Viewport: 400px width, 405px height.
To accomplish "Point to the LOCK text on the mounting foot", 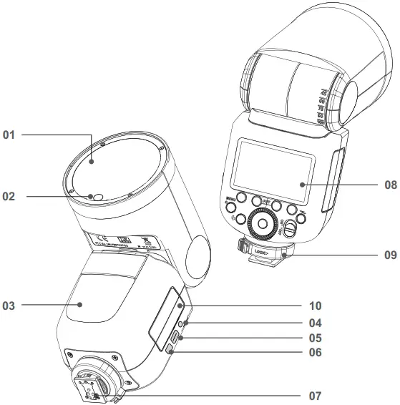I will pos(262,252).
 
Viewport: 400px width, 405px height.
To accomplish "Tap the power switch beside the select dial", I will pos(290,228).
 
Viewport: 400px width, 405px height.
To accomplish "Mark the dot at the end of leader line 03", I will pos(81,305).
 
